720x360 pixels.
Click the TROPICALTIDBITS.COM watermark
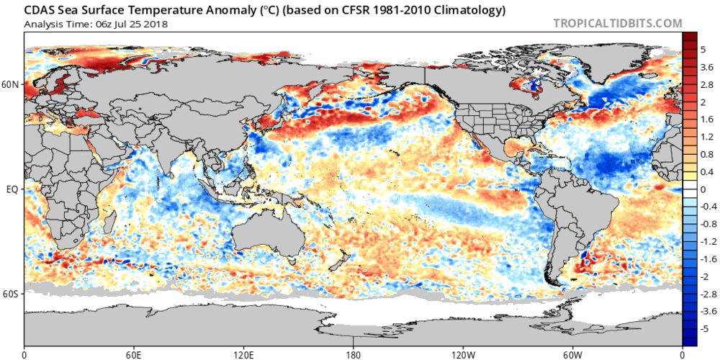(x=617, y=23)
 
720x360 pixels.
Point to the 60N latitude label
(x=11, y=84)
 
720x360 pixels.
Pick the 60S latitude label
(x=11, y=294)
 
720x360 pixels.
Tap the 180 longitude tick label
(x=354, y=354)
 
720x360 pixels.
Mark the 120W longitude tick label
(x=463, y=354)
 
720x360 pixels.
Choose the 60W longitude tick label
(x=572, y=354)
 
